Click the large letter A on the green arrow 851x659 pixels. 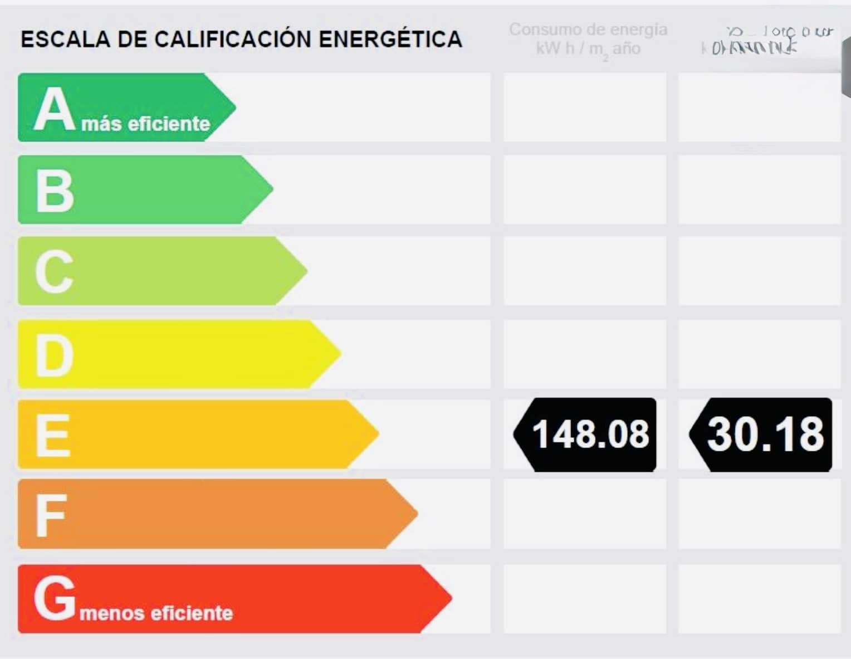[54, 110]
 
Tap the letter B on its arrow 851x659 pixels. [54, 191]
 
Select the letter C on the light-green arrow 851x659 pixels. [54, 272]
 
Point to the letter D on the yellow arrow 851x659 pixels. [54, 355]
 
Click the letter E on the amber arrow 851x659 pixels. [53, 435]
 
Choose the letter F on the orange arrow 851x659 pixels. [51, 515]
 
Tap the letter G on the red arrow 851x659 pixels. [55, 597]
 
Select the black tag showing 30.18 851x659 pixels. [762, 435]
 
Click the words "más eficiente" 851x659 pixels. [146, 124]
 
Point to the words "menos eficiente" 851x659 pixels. [156, 613]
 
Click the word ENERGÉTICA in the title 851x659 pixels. [390, 40]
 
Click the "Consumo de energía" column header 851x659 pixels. [588, 30]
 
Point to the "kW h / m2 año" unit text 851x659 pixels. [588, 49]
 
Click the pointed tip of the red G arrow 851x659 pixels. [450, 598]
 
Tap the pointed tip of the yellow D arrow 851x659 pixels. [339, 353]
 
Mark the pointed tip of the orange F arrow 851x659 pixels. [416, 514]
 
